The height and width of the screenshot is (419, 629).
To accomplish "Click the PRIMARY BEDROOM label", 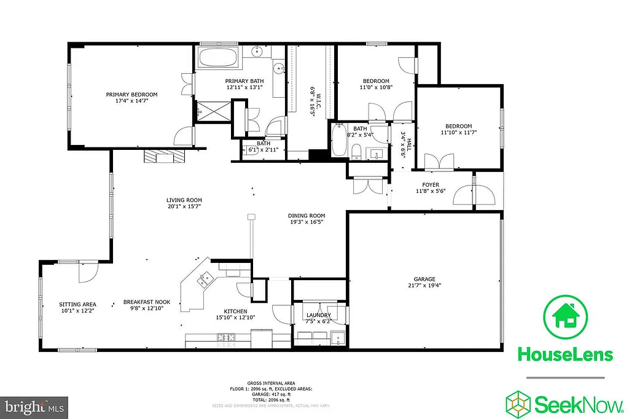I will [x=131, y=95].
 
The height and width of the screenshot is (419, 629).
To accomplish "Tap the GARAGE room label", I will [x=424, y=278].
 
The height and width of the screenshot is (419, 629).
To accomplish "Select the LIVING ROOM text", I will [x=184, y=200].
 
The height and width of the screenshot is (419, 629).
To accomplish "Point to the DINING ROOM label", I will [x=307, y=216].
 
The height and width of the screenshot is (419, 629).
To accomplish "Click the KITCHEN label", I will [x=235, y=310].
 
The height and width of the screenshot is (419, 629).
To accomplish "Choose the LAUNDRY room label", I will [x=319, y=315].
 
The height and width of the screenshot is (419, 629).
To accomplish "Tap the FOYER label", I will [x=430, y=185].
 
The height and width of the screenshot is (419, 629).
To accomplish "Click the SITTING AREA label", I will [x=77, y=304].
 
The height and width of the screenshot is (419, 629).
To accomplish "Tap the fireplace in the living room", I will [x=164, y=155].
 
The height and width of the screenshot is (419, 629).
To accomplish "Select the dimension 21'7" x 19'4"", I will [x=424, y=285].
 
